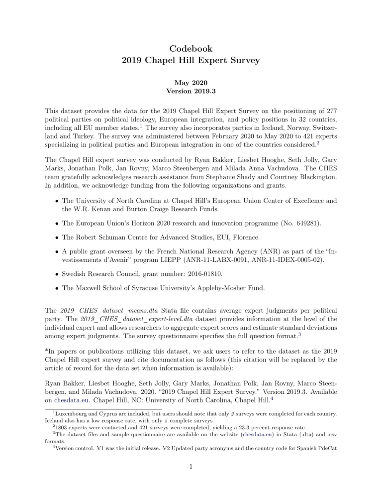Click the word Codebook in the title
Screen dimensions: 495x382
tap(191, 49)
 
